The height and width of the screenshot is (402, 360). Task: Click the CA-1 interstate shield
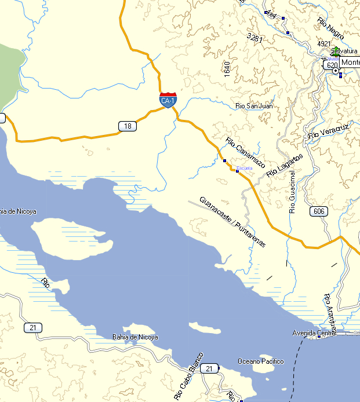[168, 100]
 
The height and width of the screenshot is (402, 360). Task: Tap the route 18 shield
[128, 126]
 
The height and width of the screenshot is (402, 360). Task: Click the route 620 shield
[332, 65]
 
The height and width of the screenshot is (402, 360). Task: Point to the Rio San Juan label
[254, 106]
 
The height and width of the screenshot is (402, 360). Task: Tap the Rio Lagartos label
[285, 166]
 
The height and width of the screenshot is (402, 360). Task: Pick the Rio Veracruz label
[328, 130]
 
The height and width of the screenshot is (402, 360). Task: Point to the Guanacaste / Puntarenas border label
[232, 222]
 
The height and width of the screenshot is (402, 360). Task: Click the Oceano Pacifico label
[261, 361]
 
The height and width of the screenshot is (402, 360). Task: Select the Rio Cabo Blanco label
[188, 377]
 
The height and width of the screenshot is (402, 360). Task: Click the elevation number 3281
[255, 37]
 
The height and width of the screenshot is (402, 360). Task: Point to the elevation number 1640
[227, 69]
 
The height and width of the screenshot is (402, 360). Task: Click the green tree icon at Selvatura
[336, 50]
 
